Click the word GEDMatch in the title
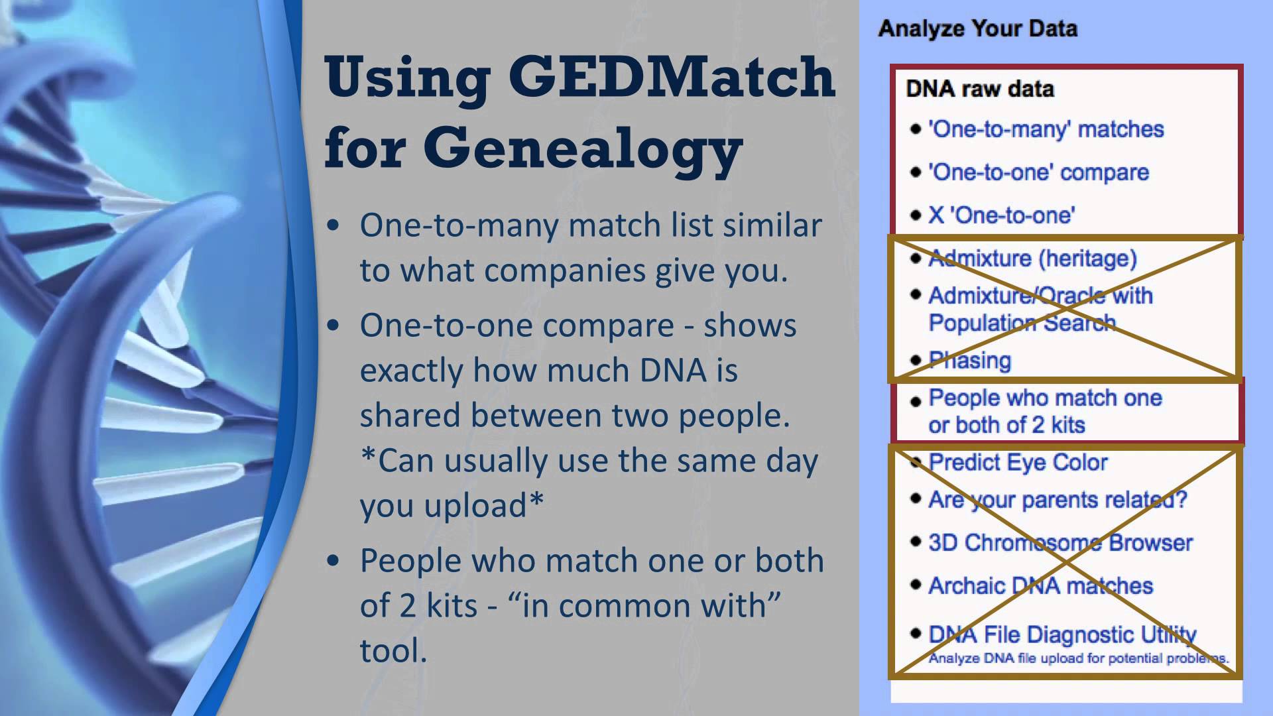click(672, 78)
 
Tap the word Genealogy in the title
click(583, 150)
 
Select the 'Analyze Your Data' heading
click(978, 29)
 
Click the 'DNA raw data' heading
click(980, 89)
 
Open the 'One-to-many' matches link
click(1046, 129)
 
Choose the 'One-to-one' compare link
click(1038, 172)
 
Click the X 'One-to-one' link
click(1002, 215)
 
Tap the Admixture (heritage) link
click(1032, 258)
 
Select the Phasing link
click(969, 361)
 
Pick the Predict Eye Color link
click(1018, 463)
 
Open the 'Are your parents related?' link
click(1058, 500)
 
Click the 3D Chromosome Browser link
click(1060, 543)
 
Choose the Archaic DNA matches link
click(1040, 586)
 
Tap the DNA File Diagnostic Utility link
click(1062, 634)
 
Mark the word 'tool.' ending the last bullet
click(394, 650)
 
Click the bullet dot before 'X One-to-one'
click(916, 215)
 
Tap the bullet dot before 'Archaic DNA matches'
click(916, 585)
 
